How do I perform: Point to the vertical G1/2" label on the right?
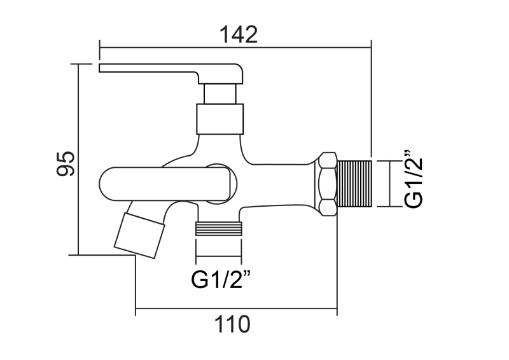414,180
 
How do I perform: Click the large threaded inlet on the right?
354,184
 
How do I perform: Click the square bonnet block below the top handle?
220,119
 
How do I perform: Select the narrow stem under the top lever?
220,94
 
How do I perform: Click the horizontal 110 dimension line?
236,310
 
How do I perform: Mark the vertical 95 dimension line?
78,159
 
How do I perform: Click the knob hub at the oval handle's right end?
222,185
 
